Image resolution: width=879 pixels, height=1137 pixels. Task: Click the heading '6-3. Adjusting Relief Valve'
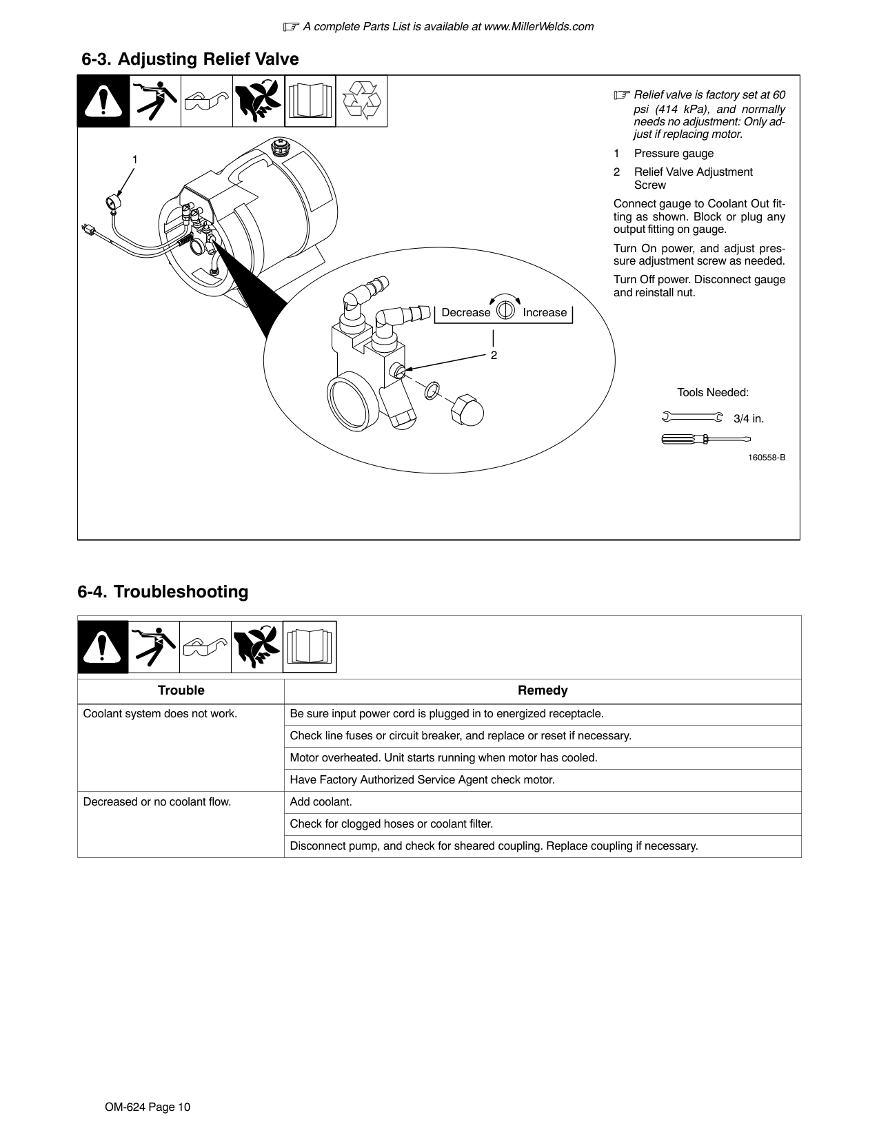190,59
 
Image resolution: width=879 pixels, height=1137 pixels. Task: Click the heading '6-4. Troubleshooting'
163,592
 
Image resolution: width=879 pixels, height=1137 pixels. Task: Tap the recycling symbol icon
362,101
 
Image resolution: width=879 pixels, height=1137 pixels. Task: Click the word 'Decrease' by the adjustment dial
465,313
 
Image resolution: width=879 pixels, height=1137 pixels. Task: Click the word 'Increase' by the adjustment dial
545,313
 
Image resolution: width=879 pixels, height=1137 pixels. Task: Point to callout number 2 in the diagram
494,356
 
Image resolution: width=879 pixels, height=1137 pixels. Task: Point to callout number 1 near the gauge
135,160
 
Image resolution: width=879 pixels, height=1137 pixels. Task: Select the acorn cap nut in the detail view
467,411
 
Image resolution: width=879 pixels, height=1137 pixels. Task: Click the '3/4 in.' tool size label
749,418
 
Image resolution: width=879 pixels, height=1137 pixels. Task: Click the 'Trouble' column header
181,690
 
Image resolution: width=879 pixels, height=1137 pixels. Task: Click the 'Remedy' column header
543,690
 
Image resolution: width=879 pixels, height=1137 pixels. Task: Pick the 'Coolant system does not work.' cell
160,714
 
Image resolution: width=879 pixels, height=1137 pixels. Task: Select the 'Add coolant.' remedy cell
321,802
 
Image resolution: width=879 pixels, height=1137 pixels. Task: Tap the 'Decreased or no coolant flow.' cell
157,802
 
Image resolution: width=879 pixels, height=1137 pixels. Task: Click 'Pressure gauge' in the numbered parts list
674,154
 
